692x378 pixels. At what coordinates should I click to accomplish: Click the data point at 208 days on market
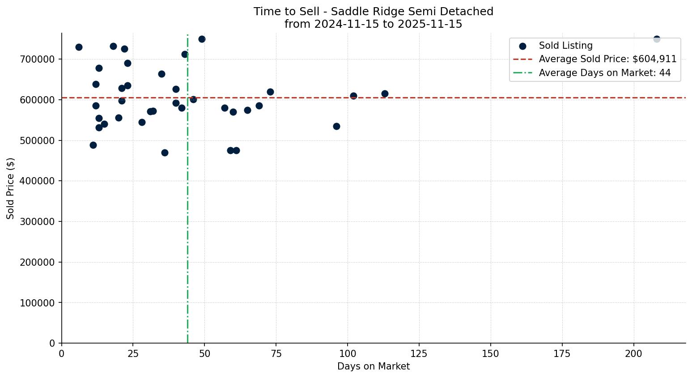(657, 39)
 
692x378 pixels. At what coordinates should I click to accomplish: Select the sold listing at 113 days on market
(385, 93)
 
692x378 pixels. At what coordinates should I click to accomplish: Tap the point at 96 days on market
(336, 126)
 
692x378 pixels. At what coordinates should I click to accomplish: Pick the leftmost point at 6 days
(79, 47)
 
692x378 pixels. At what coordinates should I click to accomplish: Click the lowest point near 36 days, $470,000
(165, 153)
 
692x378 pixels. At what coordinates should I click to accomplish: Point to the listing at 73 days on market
(270, 92)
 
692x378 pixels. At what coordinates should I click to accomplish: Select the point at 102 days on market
(353, 96)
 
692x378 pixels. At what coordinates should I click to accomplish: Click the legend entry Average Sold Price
(607, 59)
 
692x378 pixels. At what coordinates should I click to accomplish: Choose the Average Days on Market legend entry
(604, 73)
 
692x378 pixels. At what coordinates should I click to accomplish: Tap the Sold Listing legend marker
(522, 46)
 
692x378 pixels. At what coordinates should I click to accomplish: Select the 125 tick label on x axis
(419, 354)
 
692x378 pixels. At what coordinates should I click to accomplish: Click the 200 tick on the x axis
(634, 354)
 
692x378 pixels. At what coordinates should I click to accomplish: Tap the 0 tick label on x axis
(62, 354)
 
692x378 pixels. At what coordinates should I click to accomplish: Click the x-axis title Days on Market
(374, 366)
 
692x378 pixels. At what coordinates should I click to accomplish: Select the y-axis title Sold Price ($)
(10, 188)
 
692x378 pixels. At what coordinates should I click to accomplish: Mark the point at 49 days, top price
(202, 39)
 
